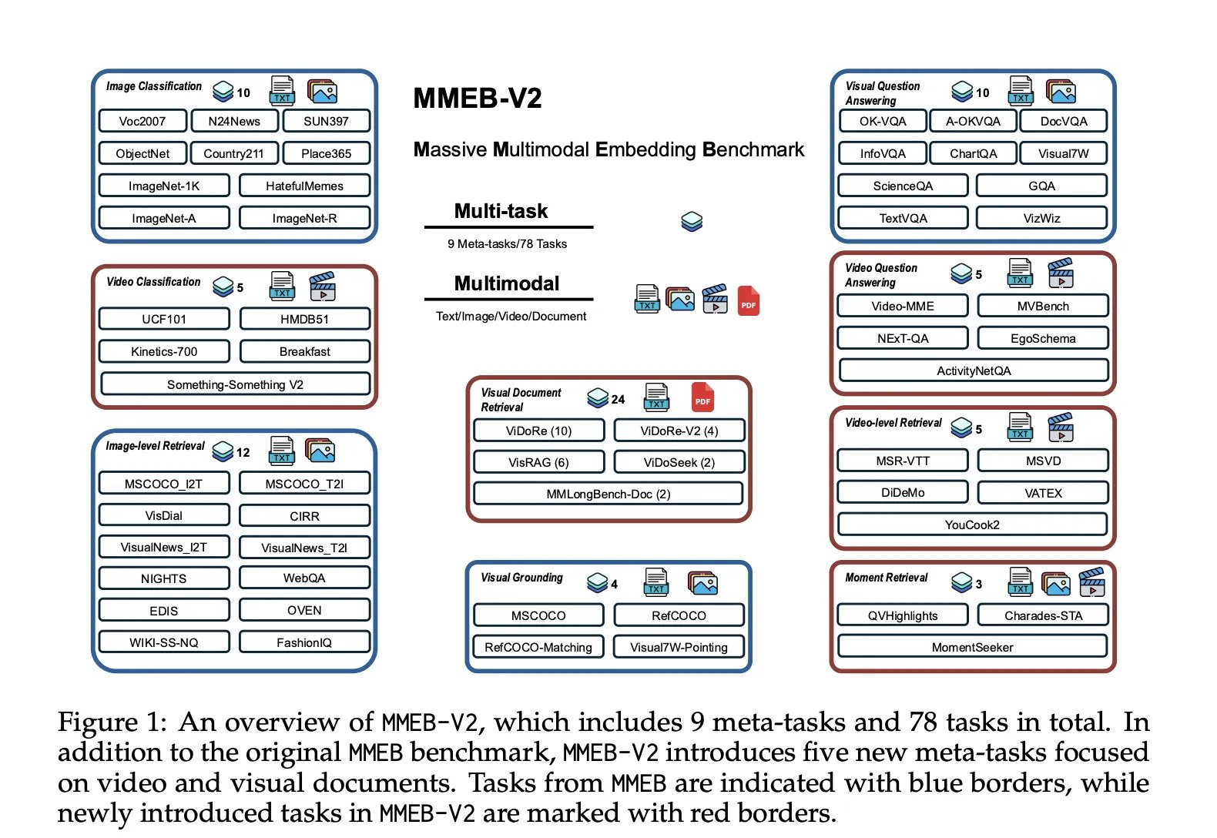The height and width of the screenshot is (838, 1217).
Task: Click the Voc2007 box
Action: click(x=142, y=121)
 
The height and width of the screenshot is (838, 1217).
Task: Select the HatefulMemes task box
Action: click(x=304, y=186)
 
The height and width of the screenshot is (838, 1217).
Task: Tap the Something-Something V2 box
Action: click(x=235, y=384)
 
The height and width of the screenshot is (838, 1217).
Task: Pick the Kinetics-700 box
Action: click(x=164, y=352)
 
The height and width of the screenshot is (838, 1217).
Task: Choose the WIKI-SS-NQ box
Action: click(x=164, y=642)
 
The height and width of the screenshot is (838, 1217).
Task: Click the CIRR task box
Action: click(x=304, y=516)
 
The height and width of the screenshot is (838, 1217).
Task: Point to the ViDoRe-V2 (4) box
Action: click(x=679, y=431)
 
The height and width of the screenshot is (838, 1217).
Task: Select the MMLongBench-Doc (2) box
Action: click(x=608, y=494)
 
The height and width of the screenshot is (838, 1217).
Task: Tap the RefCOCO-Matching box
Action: click(x=538, y=647)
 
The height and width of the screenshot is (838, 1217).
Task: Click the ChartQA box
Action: click(x=973, y=153)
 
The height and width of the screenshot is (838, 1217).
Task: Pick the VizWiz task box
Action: click(x=1041, y=218)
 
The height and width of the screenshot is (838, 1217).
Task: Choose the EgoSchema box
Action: click(x=1043, y=338)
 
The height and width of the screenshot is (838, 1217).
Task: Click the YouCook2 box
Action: click(x=973, y=525)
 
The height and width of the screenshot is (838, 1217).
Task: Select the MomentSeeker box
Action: click(x=973, y=647)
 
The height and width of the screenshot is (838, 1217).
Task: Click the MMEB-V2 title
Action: click(x=478, y=99)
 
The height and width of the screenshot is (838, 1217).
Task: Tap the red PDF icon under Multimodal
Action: click(x=748, y=300)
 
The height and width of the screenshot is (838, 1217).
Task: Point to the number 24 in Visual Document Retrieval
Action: click(x=618, y=400)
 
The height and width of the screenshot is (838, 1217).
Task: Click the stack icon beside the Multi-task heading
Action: click(x=692, y=222)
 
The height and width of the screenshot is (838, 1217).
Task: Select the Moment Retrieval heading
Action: click(x=886, y=577)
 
